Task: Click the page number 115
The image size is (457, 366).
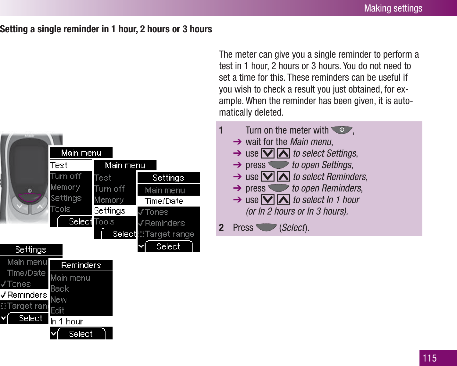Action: (430, 358)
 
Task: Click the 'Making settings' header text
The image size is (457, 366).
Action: (393, 8)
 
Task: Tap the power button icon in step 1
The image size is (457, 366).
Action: (342, 130)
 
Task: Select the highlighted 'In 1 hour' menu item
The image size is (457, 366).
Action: (67, 321)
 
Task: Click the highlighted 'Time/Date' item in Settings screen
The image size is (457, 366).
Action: (164, 201)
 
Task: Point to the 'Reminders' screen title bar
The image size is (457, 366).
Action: (81, 265)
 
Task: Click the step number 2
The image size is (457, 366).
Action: (221, 228)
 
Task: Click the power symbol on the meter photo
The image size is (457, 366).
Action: (30, 191)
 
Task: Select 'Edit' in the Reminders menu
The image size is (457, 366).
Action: (58, 310)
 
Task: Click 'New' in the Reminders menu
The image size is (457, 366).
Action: (59, 299)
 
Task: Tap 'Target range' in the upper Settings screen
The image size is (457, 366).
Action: (169, 234)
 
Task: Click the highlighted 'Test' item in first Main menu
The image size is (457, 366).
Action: (59, 165)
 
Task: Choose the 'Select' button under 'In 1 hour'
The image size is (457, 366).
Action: (81, 334)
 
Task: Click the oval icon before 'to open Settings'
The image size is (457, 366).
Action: (278, 165)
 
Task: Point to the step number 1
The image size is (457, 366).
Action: (221, 130)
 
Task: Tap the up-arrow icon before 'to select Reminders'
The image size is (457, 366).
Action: (283, 177)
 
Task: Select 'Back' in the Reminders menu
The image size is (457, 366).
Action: (60, 289)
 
